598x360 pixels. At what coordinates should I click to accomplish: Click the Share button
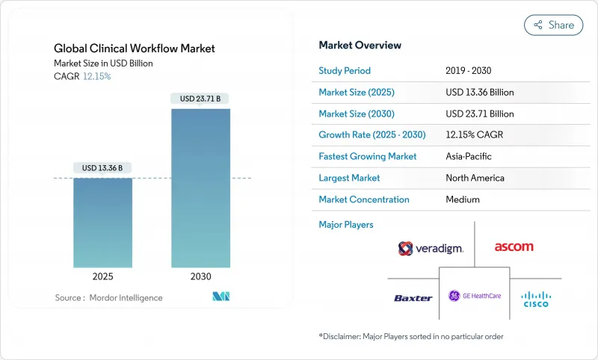553,25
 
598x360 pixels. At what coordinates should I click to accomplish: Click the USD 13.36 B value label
103,167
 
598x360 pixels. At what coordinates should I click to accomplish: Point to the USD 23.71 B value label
200,99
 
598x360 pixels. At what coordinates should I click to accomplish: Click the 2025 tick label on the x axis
103,276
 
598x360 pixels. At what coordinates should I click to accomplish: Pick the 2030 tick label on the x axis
200,276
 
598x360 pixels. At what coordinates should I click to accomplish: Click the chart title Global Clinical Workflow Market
135,49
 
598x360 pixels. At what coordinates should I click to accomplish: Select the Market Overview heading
360,45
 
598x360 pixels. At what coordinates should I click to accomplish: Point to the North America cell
475,178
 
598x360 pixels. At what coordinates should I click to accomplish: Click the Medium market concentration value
463,199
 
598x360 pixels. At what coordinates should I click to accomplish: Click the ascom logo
514,247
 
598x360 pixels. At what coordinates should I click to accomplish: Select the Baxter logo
413,298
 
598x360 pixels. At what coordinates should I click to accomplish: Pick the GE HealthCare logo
474,296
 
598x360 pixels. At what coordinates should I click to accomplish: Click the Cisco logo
535,298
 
